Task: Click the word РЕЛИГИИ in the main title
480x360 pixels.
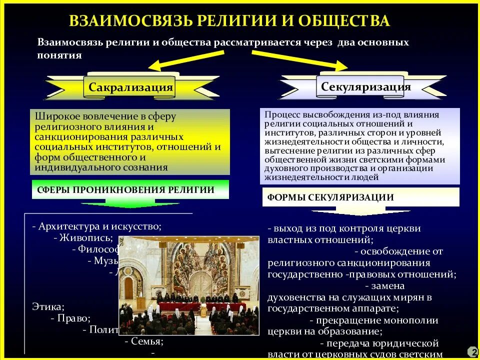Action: pyautogui.click(x=239, y=20)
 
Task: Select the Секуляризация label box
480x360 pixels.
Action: pyautogui.click(x=365, y=87)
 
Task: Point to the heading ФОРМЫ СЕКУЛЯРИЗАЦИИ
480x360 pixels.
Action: pyautogui.click(x=330, y=197)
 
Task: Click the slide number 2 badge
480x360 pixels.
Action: pyautogui.click(x=472, y=351)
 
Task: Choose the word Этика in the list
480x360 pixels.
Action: pyautogui.click(x=48, y=306)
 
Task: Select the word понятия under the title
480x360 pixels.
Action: pyautogui.click(x=59, y=55)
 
